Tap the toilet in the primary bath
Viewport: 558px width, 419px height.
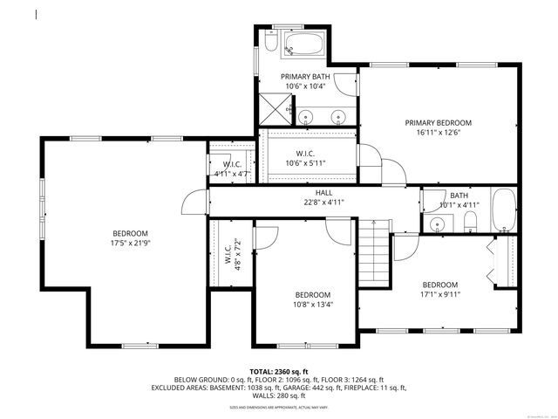(270, 44)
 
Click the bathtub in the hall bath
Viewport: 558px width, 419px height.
(504, 210)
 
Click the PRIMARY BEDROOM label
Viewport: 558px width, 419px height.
(438, 123)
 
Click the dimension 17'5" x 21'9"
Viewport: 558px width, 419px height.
(129, 243)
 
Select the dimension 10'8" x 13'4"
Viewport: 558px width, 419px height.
(312, 304)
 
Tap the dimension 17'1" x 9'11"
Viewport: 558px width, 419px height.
(440, 294)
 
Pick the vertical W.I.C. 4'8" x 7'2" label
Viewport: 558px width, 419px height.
(231, 255)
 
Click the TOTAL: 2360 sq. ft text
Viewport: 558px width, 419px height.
(279, 372)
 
